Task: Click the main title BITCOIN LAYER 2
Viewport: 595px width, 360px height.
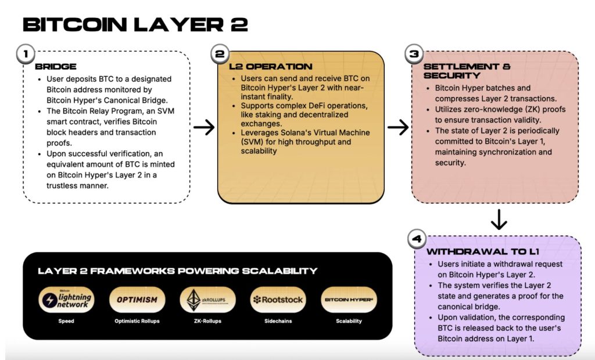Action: (135, 24)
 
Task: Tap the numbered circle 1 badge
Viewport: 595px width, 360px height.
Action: (26, 54)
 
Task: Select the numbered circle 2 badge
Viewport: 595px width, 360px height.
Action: (220, 54)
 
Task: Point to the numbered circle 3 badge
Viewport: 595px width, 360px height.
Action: (414, 54)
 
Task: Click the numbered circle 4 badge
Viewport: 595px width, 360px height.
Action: (417, 239)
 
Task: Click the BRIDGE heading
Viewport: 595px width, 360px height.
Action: (56, 67)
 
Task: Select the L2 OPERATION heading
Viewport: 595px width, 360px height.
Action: (271, 67)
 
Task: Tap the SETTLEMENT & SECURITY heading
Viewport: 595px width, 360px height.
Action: (467, 71)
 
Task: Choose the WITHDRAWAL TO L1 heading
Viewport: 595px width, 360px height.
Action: (483, 251)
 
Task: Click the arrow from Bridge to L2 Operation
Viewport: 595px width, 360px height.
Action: (204, 127)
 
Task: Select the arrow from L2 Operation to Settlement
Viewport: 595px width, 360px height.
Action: (398, 127)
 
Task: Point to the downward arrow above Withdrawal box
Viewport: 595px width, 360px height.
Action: (499, 219)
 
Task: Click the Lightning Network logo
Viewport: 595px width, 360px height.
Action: (66, 300)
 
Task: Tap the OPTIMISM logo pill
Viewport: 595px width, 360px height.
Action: (137, 300)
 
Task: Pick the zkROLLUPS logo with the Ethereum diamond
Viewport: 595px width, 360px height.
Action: (207, 300)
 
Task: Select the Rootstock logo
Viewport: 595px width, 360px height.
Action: (278, 300)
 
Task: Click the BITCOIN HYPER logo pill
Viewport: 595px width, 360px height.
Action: (349, 300)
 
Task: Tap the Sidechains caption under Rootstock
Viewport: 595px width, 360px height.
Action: (278, 321)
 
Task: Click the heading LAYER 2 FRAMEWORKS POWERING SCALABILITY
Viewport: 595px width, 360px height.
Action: (178, 271)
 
